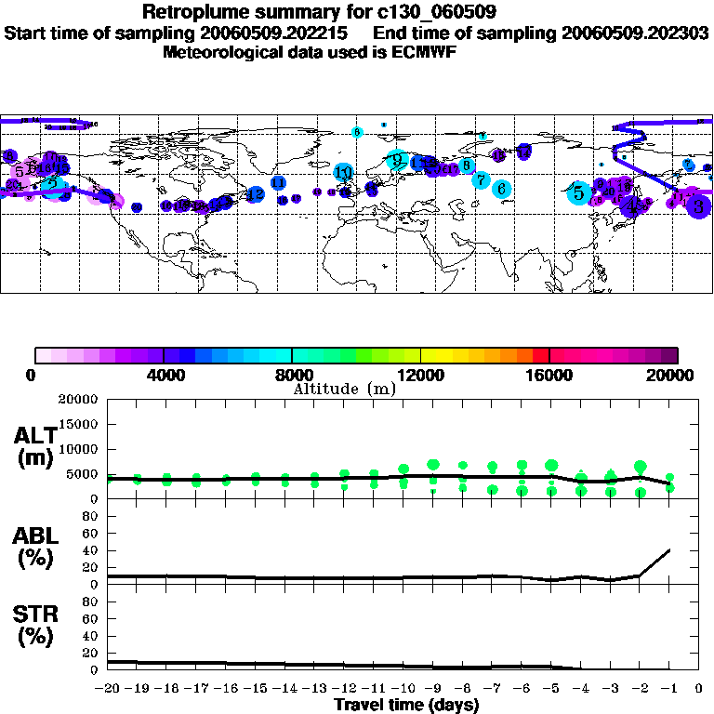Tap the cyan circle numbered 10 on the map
(344, 172)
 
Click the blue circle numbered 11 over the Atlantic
(278, 183)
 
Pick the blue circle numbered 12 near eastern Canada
(255, 194)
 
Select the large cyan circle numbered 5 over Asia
(579, 193)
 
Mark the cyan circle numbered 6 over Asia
(501, 189)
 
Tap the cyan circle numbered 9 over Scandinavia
(397, 160)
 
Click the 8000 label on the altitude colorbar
(292, 375)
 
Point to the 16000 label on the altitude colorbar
(549, 375)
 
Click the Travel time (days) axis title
(406, 705)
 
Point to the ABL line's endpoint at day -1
(669, 549)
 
